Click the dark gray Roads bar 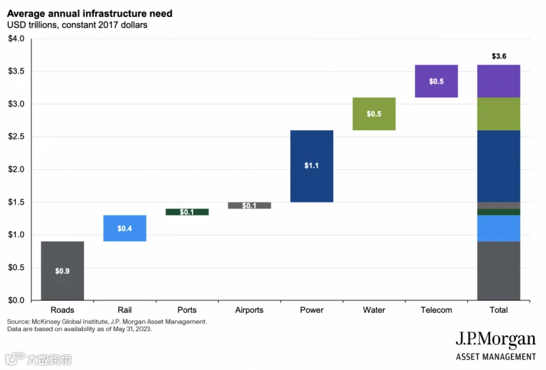coord(62,270)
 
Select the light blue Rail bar coord(125,228)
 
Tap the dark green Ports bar coord(187,212)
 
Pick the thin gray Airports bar coord(249,206)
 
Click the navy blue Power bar coord(311,166)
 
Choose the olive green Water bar coord(374,114)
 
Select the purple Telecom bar coord(436,81)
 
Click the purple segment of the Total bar coord(499,81)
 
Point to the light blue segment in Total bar coord(499,228)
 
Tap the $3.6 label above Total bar coord(499,56)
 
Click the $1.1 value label coord(311,166)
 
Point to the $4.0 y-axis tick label coord(16,39)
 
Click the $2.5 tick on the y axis coord(16,137)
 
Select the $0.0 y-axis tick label coord(16,300)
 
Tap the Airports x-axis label coord(249,310)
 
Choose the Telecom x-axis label coord(436,310)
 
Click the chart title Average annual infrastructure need coord(89,14)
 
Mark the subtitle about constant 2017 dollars coord(77,25)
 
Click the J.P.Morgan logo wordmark coord(496,339)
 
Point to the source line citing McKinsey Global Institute coord(107,321)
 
